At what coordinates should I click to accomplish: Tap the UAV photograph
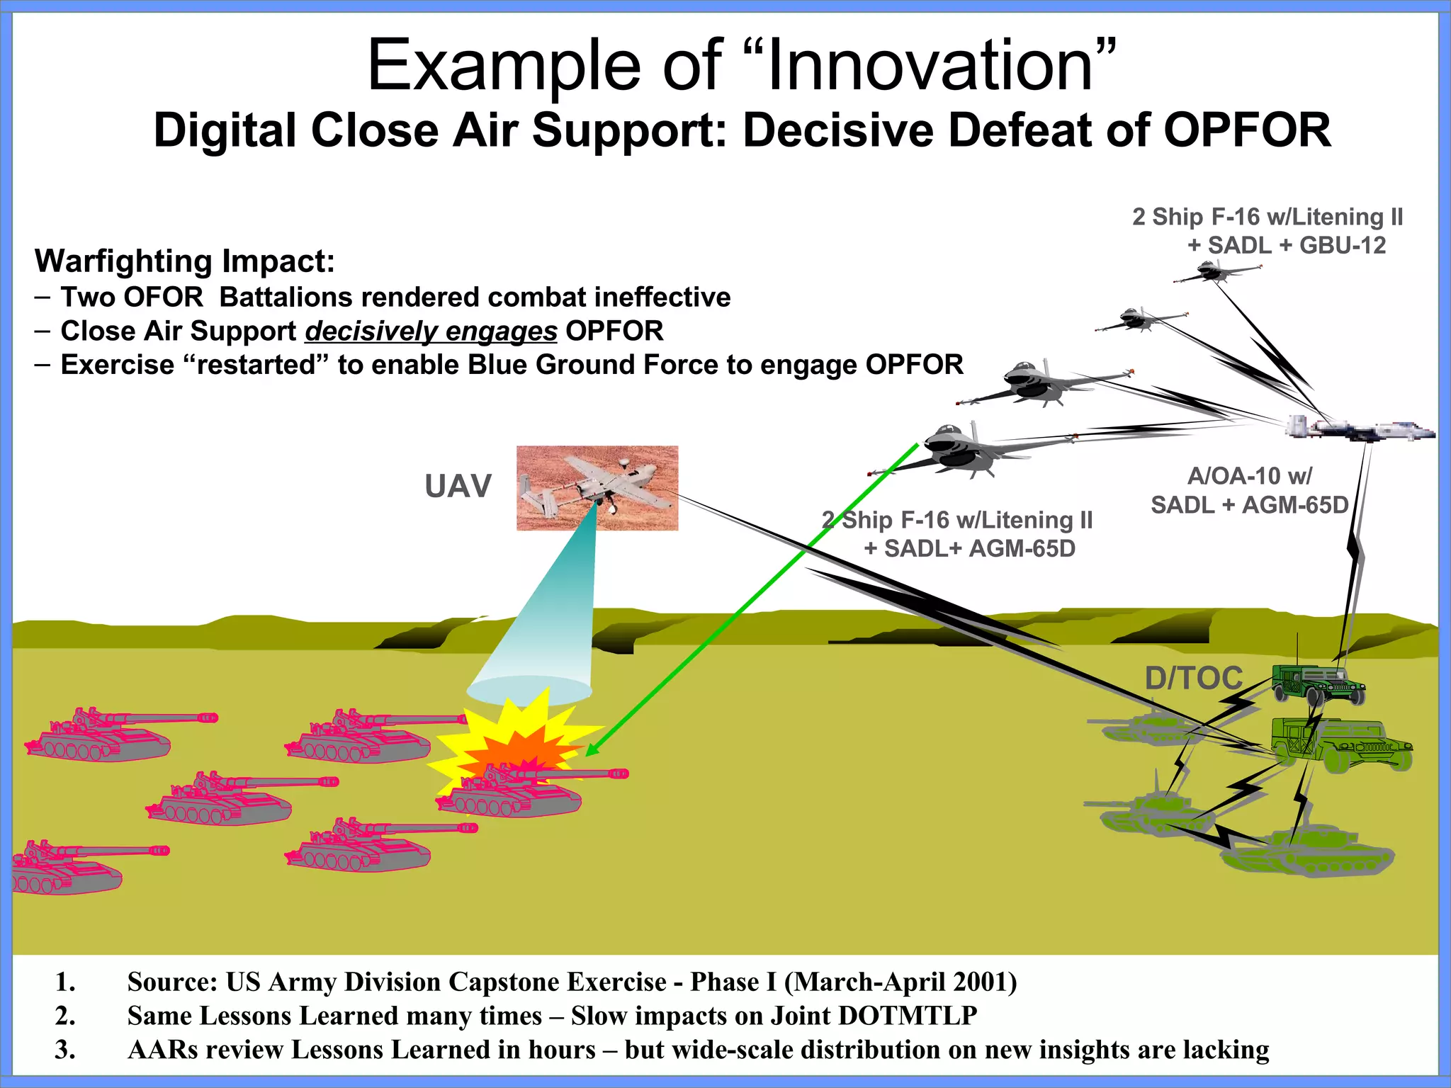click(597, 487)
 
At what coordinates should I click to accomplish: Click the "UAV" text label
click(458, 487)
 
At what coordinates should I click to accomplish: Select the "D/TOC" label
click(1194, 678)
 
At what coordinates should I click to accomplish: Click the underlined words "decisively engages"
click(431, 331)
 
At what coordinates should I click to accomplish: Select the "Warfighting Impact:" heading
click(184, 261)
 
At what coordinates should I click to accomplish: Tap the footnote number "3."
click(65, 1049)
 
